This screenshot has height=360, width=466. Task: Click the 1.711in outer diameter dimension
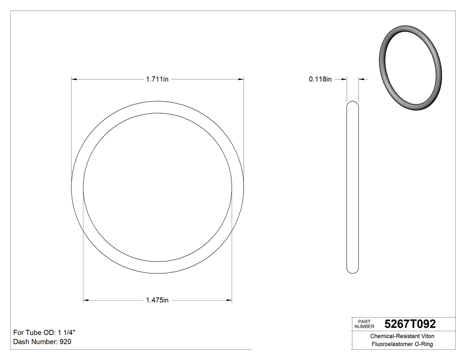pos(157,79)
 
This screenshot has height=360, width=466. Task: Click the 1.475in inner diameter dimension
pos(157,301)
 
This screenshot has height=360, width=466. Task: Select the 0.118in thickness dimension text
pos(320,79)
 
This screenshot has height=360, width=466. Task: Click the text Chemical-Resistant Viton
pos(402,336)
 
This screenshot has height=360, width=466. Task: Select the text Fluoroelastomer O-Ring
pos(402,344)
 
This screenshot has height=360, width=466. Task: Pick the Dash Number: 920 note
pos(42,342)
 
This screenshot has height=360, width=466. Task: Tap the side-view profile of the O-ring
pos(352,186)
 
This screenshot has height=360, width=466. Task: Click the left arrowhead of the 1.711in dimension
pos(74,79)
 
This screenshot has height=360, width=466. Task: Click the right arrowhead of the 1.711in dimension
pos(241,79)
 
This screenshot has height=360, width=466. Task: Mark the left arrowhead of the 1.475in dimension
pos(86,301)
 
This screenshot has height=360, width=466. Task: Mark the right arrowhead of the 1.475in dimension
pos(229,301)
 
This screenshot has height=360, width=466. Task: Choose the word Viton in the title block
pos(427,336)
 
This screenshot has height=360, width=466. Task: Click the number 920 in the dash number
pos(65,342)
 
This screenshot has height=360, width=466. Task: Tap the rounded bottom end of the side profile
pos(352,270)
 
